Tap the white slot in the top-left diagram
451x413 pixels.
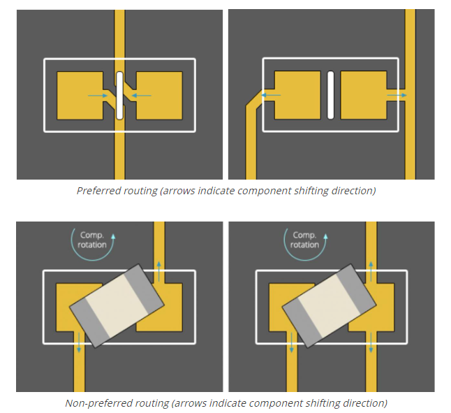119,96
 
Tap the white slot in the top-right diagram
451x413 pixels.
331,95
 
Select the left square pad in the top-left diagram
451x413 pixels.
80,96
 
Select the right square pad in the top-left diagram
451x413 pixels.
159,96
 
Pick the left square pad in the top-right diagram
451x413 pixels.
297,95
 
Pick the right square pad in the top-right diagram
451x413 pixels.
364,95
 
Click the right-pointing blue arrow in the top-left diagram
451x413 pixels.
98,96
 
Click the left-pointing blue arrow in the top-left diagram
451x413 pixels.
141,96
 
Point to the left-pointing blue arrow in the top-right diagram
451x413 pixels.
271,95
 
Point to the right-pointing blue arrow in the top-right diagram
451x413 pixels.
397,95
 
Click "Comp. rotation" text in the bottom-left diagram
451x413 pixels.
92,240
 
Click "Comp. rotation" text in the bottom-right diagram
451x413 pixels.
304,240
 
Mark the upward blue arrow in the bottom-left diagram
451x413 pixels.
158,271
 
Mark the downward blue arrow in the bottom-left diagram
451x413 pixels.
79,342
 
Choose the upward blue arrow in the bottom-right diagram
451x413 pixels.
371,271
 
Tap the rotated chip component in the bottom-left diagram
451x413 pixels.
117,305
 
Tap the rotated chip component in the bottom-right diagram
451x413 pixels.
329,305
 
